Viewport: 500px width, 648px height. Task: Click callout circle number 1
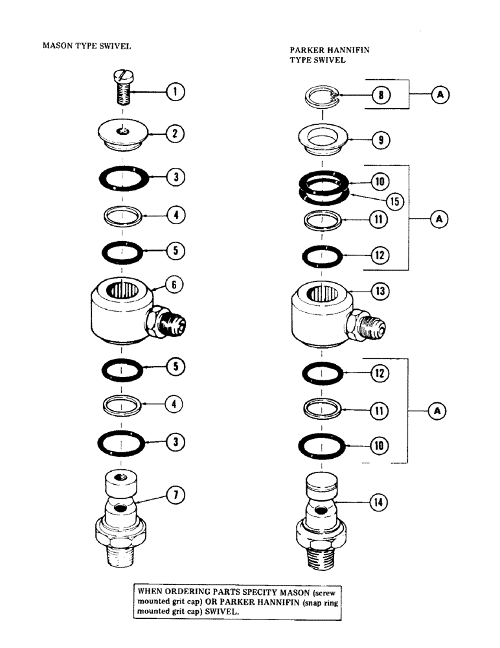[174, 92]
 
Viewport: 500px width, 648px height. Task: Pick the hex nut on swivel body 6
[158, 321]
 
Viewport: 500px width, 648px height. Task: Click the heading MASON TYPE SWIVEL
[87, 47]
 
